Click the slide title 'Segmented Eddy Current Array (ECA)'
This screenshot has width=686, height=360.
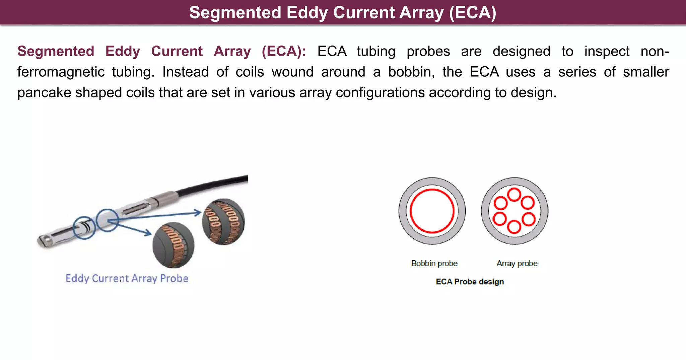coord(343,13)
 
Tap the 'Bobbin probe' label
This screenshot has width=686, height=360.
coord(434,264)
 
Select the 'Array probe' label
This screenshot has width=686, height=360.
coord(517,264)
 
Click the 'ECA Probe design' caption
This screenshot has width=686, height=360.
coord(470,282)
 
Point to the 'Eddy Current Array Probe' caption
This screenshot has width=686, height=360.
coord(127,279)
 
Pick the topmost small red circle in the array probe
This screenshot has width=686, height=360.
coord(514,195)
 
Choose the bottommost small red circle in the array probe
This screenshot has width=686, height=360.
coord(514,227)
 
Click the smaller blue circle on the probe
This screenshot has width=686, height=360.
coord(84,228)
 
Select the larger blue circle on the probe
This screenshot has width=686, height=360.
coord(107,220)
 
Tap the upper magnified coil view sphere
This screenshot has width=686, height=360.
coord(223,222)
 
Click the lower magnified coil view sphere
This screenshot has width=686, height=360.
coord(173,245)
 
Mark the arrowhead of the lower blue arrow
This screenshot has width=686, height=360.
coord(149,233)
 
